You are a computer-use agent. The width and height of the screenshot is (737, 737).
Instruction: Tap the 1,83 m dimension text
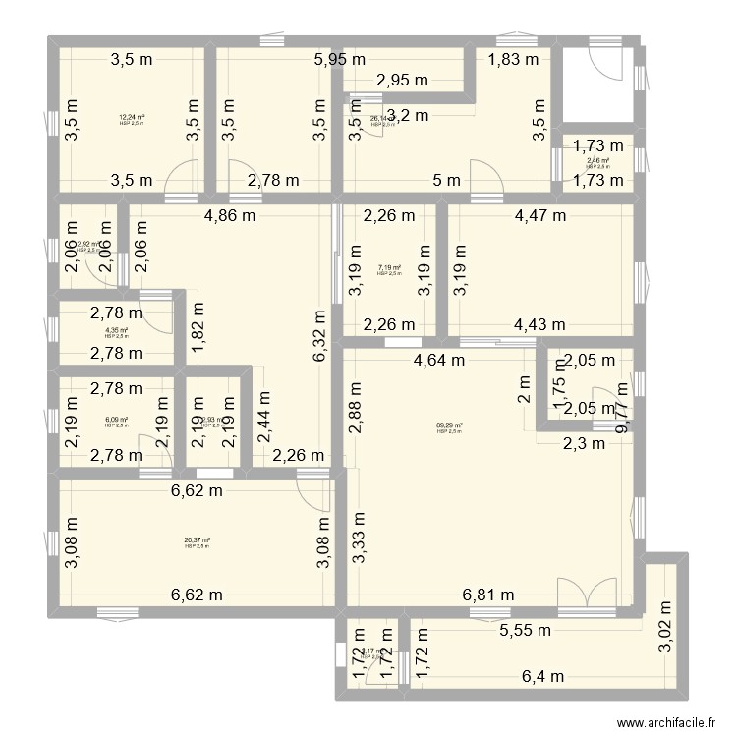(514, 59)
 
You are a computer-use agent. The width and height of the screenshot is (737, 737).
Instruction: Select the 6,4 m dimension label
(542, 676)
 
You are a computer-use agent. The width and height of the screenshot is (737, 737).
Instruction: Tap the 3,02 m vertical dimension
(663, 605)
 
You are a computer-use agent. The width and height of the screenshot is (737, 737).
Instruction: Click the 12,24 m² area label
(132, 118)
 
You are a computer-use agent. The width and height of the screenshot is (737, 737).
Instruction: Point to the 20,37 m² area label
(197, 540)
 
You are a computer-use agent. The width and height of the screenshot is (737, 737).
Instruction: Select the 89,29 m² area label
(449, 426)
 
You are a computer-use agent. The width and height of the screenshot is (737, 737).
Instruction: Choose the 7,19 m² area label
(389, 266)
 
